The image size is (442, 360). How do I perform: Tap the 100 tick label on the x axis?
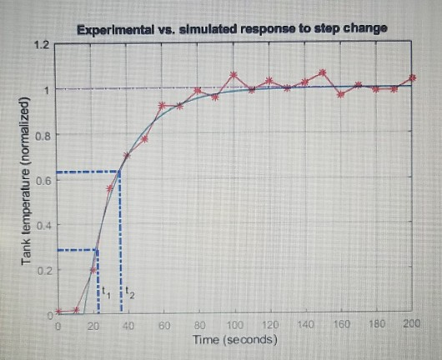pyautogui.click(x=234, y=323)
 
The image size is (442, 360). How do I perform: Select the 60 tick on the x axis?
pyautogui.click(x=164, y=323)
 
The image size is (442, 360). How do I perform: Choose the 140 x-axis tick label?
pyautogui.click(x=304, y=323)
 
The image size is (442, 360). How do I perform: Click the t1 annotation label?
pyautogui.click(x=106, y=292)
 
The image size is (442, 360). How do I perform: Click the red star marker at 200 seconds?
pyautogui.click(x=412, y=78)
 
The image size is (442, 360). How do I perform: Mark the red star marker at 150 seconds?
pyautogui.click(x=323, y=72)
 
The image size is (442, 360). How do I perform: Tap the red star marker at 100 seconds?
pyautogui.click(x=234, y=75)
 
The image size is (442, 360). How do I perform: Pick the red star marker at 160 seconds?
pyautogui.click(x=340, y=94)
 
